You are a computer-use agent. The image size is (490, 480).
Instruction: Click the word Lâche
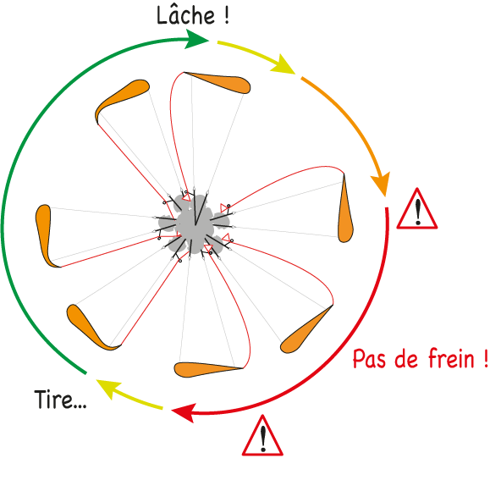(x=185, y=14)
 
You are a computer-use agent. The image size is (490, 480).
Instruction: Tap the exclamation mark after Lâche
(x=227, y=15)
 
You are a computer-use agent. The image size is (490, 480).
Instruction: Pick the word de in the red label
(x=406, y=358)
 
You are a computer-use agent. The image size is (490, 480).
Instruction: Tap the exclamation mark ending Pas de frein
(x=485, y=358)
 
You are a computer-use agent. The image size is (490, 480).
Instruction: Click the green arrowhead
(x=196, y=39)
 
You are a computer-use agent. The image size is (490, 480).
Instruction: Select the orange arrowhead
(x=381, y=185)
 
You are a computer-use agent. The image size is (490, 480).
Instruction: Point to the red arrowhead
(x=184, y=412)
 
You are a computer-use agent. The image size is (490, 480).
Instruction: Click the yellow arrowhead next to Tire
(x=107, y=388)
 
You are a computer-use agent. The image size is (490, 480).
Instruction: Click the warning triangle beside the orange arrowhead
(x=417, y=209)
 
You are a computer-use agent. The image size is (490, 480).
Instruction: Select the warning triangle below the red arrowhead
(x=263, y=435)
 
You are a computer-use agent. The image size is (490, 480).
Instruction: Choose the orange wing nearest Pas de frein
(x=305, y=331)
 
